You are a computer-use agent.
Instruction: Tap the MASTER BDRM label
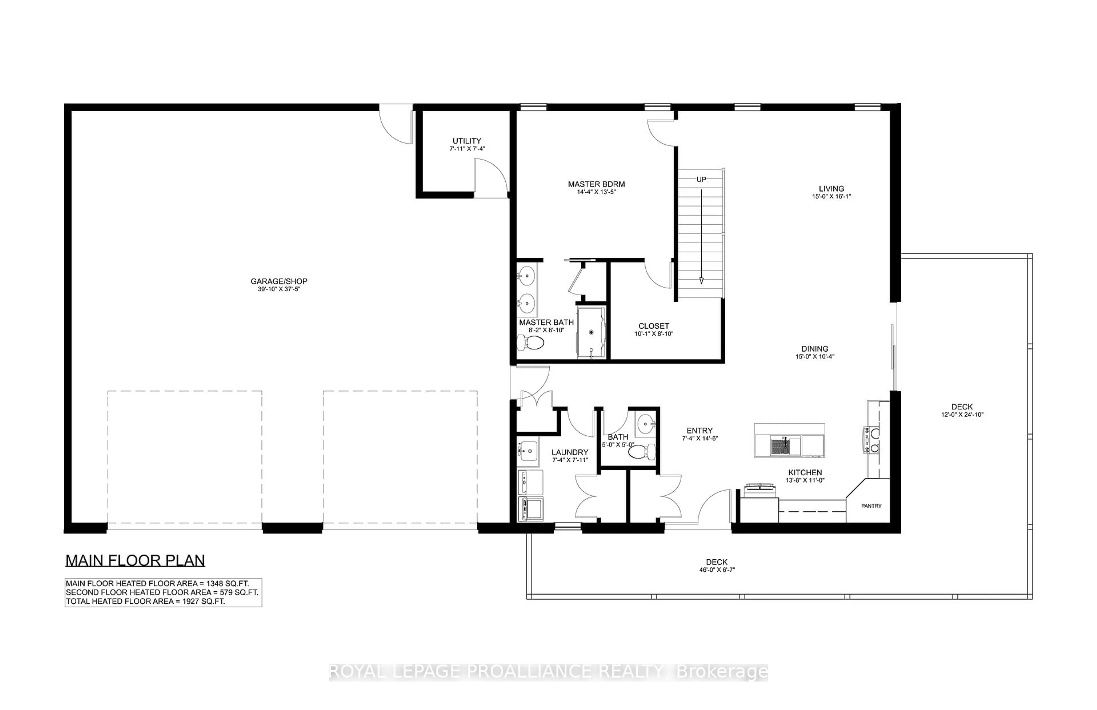pyautogui.click(x=596, y=184)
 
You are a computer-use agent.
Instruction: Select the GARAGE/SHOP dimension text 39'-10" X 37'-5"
pyautogui.click(x=279, y=289)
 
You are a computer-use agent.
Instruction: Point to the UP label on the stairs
pyautogui.click(x=701, y=179)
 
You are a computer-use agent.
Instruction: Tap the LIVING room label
pyautogui.click(x=831, y=189)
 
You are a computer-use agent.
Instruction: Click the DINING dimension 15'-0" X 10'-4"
pyautogui.click(x=814, y=356)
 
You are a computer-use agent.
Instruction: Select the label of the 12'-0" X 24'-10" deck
pyautogui.click(x=962, y=407)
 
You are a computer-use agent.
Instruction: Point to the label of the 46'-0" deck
pyautogui.click(x=716, y=562)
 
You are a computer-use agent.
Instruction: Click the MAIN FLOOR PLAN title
pyautogui.click(x=135, y=561)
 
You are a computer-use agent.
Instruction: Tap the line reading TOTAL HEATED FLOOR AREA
pyautogui.click(x=145, y=601)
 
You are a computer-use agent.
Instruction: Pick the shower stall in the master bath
pyautogui.click(x=591, y=332)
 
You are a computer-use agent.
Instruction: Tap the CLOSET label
pyautogui.click(x=653, y=326)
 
